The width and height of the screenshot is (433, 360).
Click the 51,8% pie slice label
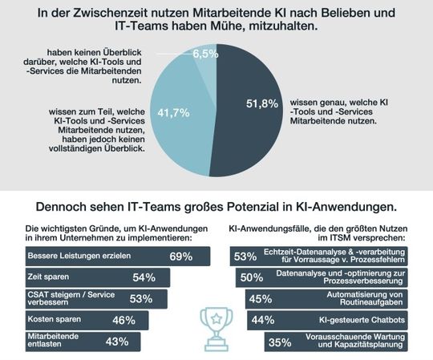coord(261,103)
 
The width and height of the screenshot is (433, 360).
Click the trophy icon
coord(216,321)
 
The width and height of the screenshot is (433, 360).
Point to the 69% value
coord(180,257)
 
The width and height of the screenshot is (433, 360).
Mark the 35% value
coord(279,342)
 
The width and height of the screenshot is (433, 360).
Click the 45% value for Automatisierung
coord(259,299)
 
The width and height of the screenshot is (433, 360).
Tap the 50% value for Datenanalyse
coord(251,277)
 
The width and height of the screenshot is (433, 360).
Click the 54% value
coord(143,277)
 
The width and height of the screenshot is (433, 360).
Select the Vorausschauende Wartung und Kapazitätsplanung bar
coord(341,342)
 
